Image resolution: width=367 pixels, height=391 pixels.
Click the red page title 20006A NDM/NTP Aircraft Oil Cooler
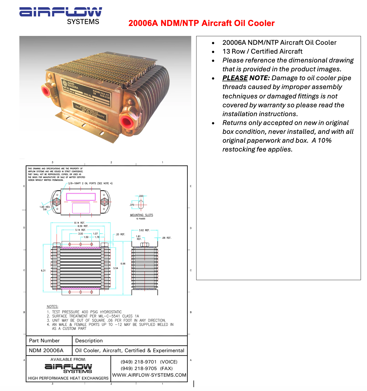coord(201,23)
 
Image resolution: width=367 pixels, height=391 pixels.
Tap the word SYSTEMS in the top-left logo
coord(83,22)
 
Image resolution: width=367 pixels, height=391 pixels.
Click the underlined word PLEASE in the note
coord(235,78)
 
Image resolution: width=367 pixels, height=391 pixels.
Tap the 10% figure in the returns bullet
coord(324,140)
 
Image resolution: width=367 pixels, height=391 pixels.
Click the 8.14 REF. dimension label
coord(80,223)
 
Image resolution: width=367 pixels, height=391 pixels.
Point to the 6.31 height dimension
coord(43,270)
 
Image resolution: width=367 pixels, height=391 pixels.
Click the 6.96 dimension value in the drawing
coord(123,264)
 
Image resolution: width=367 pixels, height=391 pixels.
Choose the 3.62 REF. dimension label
coord(144,230)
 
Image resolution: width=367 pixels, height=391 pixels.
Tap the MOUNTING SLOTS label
coord(141,215)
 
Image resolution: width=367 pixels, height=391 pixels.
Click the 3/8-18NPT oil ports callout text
coord(90,183)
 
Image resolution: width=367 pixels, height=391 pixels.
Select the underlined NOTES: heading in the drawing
coord(53,306)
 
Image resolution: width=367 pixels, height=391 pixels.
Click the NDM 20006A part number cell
coord(46,350)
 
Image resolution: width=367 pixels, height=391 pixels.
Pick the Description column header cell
coord(89,341)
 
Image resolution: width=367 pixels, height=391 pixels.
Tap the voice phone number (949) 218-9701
coord(139,362)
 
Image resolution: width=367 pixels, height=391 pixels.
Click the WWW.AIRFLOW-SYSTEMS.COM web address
coord(149,375)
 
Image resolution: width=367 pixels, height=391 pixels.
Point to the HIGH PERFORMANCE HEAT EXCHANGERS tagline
coord(68,378)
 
